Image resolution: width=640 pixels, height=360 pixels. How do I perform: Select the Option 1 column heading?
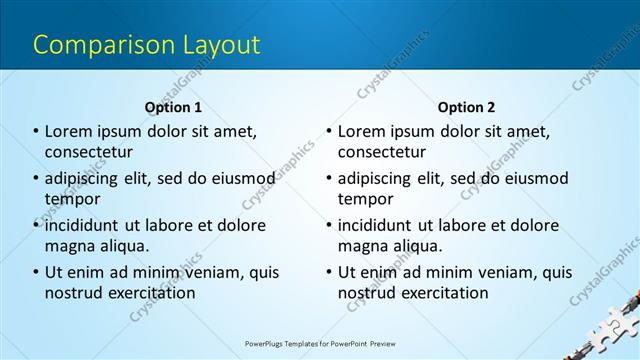173,107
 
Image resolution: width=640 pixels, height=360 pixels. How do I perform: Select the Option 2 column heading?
466,107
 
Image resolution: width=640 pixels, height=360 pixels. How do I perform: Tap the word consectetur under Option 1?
89,152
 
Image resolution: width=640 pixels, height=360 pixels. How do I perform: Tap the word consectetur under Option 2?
382,152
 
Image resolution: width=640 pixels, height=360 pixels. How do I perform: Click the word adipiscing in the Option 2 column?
381,179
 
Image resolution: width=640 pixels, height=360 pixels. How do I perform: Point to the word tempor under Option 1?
73,199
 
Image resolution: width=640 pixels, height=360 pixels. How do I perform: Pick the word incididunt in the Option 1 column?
88,225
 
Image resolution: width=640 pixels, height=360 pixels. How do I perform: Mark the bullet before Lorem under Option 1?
36,132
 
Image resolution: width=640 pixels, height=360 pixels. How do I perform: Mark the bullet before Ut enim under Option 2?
329,272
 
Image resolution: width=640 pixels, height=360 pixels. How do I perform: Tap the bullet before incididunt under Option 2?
329,225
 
